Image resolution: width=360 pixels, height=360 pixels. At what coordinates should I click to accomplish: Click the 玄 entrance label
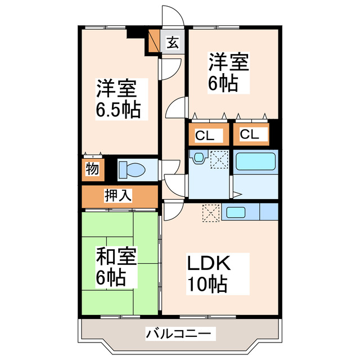pos(172,43)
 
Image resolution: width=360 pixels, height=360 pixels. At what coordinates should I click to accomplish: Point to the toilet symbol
pos(133,169)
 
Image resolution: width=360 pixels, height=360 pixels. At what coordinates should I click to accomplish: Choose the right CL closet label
pos(250,135)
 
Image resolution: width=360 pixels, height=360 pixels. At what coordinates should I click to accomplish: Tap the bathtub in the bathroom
pos(255,162)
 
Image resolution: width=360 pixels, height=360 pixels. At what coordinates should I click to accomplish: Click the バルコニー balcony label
pos(180,334)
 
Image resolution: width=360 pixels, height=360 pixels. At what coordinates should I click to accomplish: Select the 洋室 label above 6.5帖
pos(115,88)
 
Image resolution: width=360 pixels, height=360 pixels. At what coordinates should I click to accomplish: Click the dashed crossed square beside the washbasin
pos(218,160)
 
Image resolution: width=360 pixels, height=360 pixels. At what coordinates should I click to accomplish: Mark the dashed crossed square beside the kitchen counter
pos(211,213)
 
